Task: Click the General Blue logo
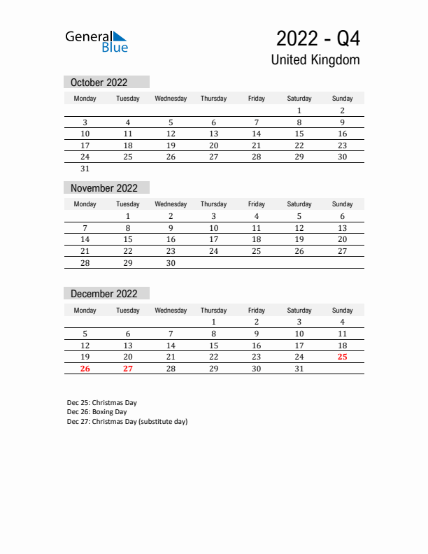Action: (97, 41)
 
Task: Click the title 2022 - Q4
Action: (318, 38)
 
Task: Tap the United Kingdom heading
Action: (315, 59)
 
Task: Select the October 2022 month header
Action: (99, 83)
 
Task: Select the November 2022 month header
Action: (104, 188)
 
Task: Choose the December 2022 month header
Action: (104, 294)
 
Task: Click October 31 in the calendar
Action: (85, 169)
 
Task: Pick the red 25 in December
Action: (342, 357)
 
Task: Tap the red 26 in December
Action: (85, 369)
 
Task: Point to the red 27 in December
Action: (128, 369)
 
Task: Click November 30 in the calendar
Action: (171, 263)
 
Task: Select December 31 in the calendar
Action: (299, 369)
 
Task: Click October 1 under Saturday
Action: (299, 111)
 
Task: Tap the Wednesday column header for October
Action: (171, 99)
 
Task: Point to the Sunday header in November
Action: (342, 204)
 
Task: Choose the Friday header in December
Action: (257, 310)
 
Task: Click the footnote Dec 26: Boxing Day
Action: (97, 412)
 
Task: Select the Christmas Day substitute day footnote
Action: (127, 422)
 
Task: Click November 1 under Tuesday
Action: (128, 216)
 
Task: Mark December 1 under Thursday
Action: (213, 322)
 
